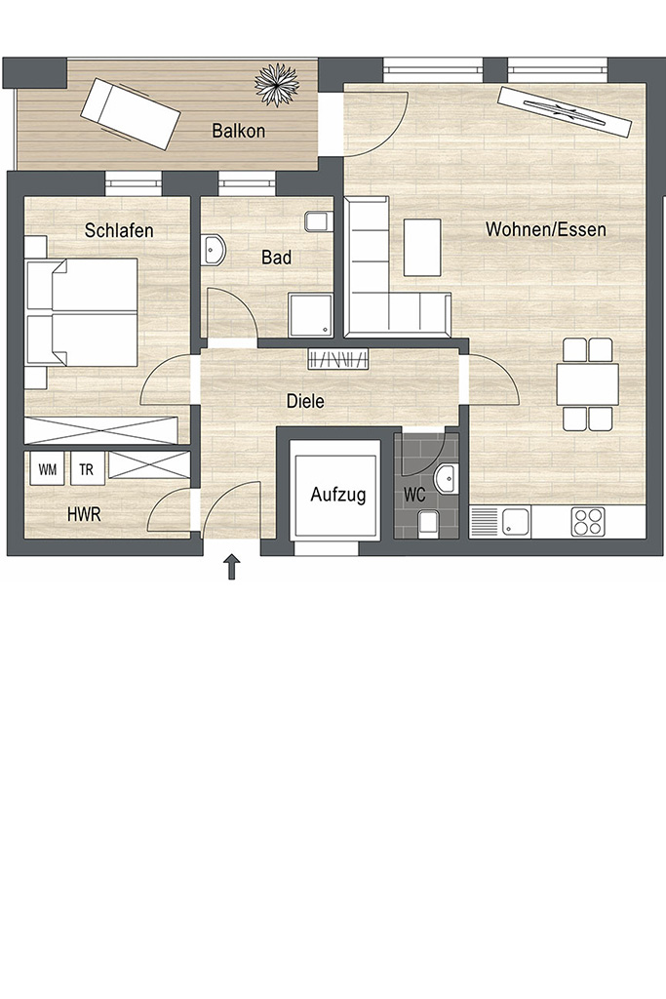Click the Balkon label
click(238, 131)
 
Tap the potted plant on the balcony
click(277, 86)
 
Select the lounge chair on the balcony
click(130, 114)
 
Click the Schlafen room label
click(119, 230)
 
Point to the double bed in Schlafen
click(82, 311)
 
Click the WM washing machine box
click(48, 469)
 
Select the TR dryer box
click(87, 469)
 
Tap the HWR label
click(84, 514)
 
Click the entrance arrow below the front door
click(232, 567)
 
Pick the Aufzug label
click(338, 495)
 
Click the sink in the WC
click(447, 478)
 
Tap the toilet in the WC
click(428, 521)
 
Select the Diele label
click(305, 401)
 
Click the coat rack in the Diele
click(338, 359)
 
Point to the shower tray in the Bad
click(310, 314)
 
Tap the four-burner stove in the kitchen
click(588, 521)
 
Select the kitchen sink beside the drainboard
click(516, 522)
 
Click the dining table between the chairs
click(588, 383)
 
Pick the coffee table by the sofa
click(422, 247)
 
